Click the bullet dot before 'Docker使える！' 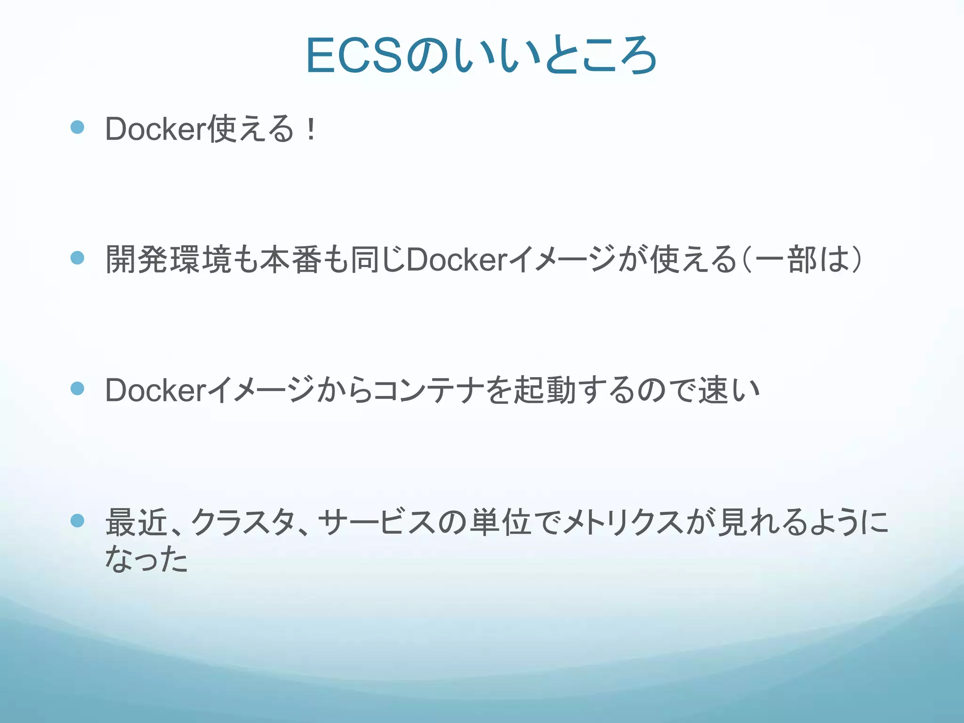click(x=77, y=127)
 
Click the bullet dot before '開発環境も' click(x=77, y=258)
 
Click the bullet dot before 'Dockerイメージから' click(x=77, y=389)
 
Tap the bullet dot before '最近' click(x=77, y=521)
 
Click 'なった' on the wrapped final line click(x=146, y=559)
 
